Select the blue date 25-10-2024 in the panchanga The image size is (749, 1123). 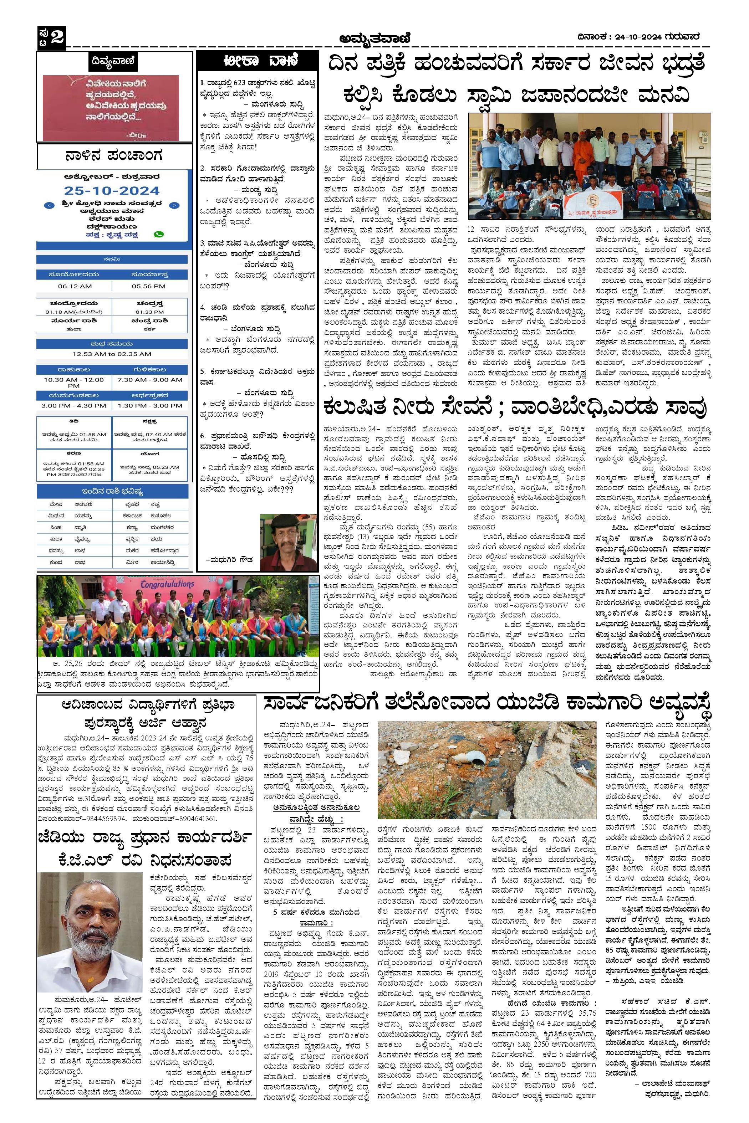112,190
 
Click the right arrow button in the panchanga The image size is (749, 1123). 175,205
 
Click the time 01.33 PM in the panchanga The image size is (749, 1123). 149,312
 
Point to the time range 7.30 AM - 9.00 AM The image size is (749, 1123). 149,380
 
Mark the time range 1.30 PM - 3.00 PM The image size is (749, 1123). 149,405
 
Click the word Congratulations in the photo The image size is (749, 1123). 167,584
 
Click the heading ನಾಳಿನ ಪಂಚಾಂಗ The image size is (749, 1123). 114,156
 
